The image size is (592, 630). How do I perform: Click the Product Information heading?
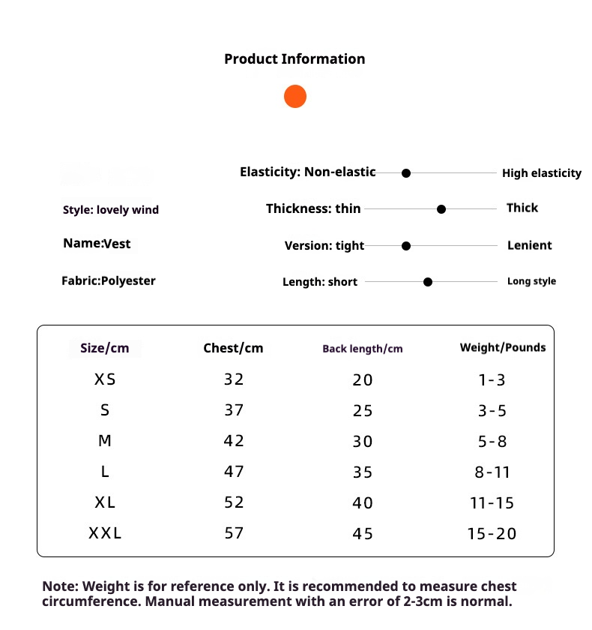[295, 59]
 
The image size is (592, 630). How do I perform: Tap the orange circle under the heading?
[295, 97]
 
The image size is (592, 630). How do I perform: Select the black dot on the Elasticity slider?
[406, 173]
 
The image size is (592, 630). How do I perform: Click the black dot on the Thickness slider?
[441, 209]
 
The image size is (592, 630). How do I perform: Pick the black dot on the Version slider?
[406, 245]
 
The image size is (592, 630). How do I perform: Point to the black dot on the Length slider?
[428, 282]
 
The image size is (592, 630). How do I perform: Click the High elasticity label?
[541, 173]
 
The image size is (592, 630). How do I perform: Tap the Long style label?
[531, 281]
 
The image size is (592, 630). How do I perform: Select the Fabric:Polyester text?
[109, 281]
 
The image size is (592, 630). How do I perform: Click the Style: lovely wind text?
[111, 210]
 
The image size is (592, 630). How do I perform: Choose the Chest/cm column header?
[233, 348]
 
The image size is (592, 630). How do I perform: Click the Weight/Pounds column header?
[502, 347]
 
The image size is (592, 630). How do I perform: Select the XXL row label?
[105, 533]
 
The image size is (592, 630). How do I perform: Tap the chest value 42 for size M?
[234, 441]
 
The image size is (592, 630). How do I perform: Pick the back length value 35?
[363, 472]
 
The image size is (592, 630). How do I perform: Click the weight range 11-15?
[492, 503]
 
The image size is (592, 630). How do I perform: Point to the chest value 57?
[234, 533]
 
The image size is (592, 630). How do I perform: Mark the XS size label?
[105, 379]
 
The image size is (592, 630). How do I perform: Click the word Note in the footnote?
[58, 586]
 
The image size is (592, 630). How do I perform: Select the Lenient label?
[529, 245]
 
